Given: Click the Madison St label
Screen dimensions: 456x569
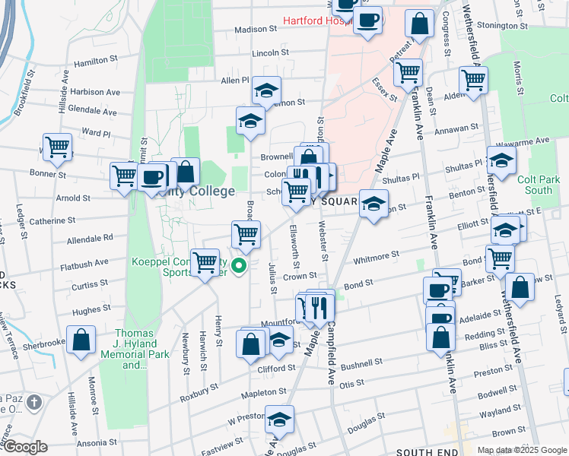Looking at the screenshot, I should [256, 30].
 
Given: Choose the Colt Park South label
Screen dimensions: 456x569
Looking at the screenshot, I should [539, 185].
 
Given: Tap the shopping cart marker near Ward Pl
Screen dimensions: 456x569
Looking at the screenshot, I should [57, 146].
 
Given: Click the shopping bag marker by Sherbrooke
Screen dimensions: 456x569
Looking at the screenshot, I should [81, 339].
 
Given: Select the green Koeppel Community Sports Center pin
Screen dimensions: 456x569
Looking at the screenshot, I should [239, 266].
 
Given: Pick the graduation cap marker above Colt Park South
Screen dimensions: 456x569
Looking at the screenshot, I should [501, 159].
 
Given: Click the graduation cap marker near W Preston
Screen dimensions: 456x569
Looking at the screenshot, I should [279, 419].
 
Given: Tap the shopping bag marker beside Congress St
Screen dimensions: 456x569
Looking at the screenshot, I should [419, 24].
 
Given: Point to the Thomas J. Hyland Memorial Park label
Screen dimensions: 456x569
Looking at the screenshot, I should [134, 349].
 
